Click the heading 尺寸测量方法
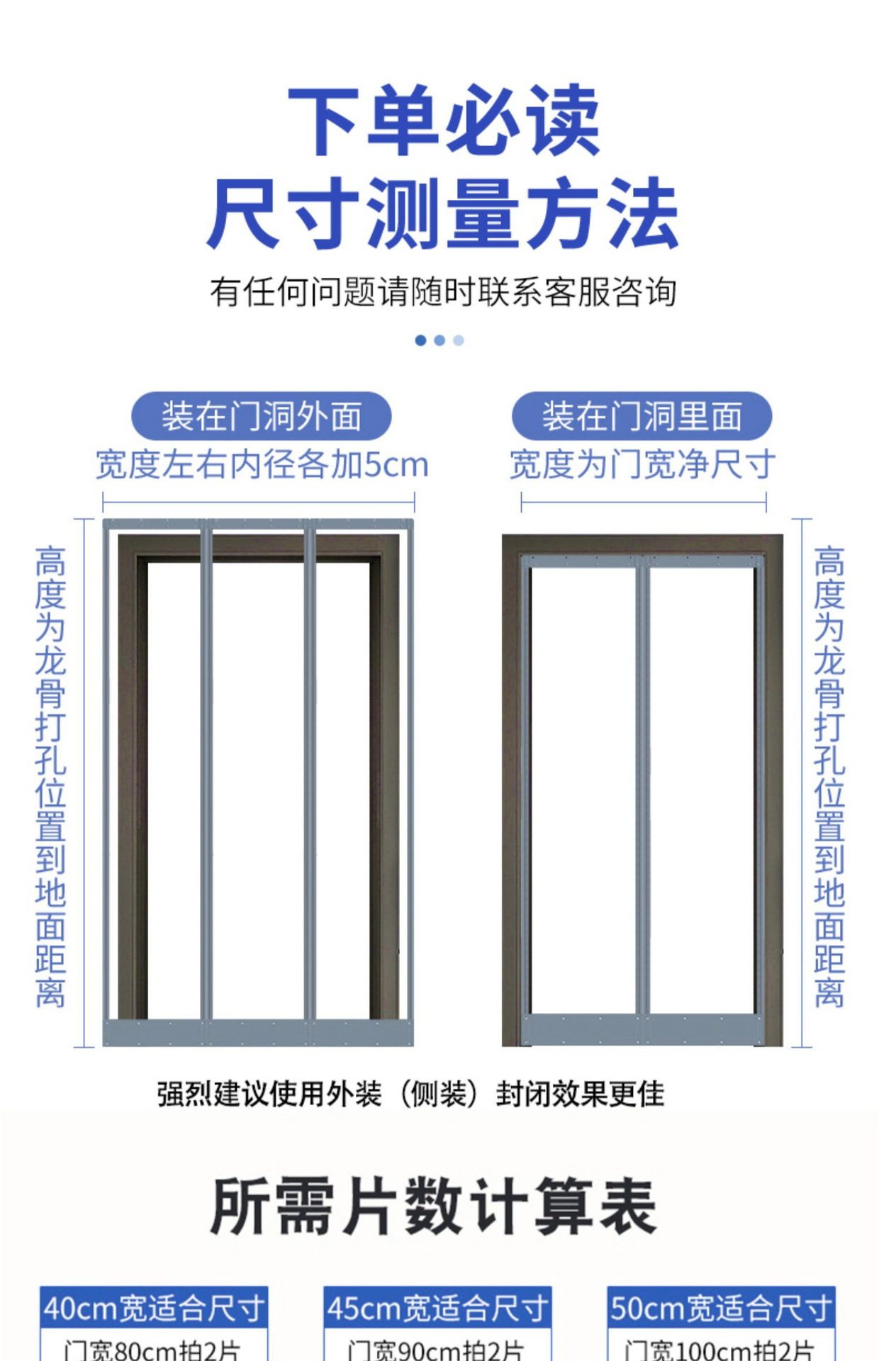[x=442, y=213]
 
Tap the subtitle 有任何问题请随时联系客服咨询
[x=442, y=292]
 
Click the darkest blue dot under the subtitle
[x=420, y=340]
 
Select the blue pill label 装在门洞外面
[x=261, y=416]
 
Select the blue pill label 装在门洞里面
[x=642, y=416]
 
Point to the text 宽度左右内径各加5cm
[x=262, y=465]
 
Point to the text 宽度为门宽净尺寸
[x=642, y=465]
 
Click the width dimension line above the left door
[x=259, y=503]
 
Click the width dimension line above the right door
[x=644, y=503]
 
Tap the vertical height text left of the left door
[x=50, y=776]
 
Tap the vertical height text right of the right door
[x=829, y=776]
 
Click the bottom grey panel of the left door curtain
[x=258, y=1033]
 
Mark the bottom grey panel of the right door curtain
[x=642, y=1029]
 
